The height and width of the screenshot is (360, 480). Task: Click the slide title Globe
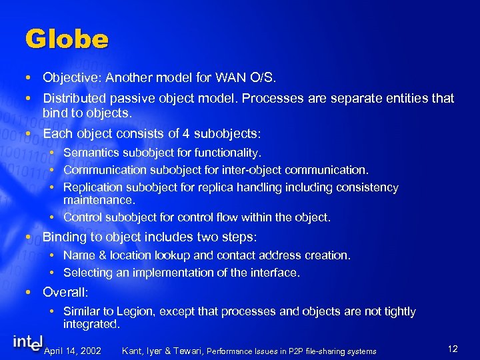[67, 39]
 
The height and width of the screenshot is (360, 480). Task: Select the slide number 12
[453, 349]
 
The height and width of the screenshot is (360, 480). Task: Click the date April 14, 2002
[72, 351]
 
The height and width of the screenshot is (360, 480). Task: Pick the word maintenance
[99, 200]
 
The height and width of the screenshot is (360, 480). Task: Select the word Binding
[63, 237]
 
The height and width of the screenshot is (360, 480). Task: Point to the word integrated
[91, 324]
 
